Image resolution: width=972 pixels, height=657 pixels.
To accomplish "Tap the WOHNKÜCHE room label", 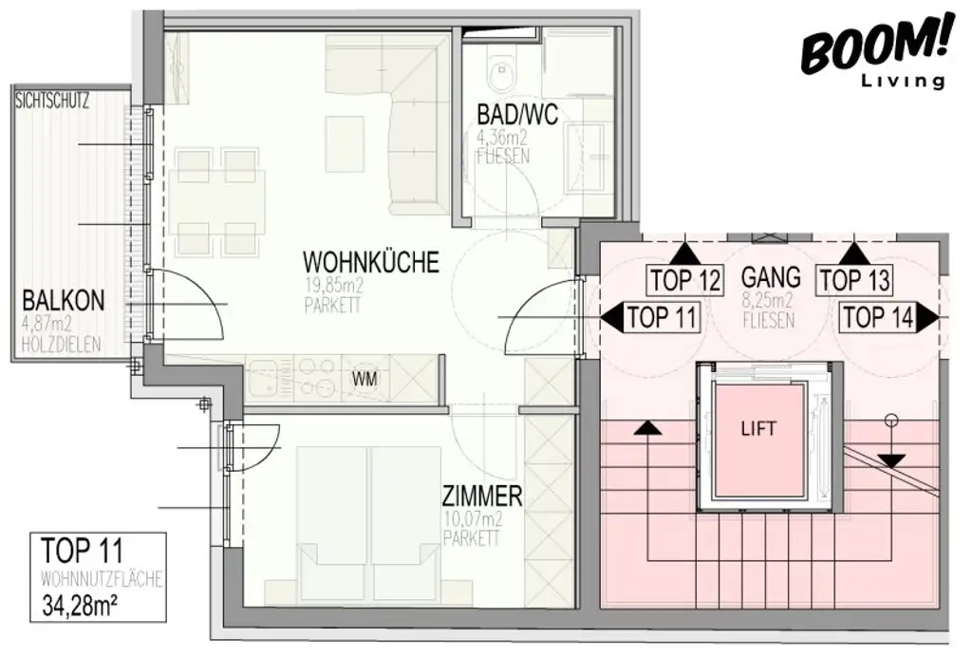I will [370, 261].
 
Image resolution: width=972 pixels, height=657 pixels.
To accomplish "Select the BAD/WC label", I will [516, 116].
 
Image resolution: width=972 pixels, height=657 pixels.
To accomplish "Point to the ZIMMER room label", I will [482, 496].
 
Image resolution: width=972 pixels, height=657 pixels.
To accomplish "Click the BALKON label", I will [64, 302].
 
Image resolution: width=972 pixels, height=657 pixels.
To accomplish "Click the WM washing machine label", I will [364, 379].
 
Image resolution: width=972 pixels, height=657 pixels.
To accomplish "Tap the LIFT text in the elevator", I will [758, 428].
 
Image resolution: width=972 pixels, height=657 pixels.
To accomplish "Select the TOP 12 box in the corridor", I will [686, 280].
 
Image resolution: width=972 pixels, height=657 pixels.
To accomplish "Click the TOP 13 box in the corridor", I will [854, 280].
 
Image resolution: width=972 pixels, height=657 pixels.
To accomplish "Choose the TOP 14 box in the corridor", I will [878, 318].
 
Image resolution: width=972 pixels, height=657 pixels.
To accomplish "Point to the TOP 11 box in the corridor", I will [662, 318].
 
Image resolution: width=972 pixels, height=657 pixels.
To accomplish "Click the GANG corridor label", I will [771, 278].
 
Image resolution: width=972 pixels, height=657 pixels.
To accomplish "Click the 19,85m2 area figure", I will [334, 284].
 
